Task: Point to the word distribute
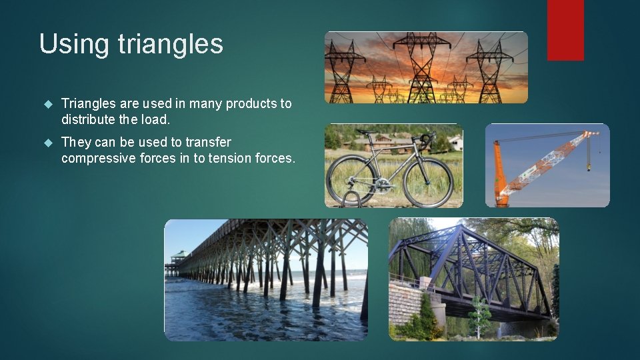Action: (x=89, y=120)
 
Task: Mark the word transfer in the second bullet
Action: (x=208, y=142)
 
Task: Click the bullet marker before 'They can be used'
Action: (x=47, y=143)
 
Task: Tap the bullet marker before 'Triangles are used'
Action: (x=47, y=104)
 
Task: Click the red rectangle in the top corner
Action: (x=565, y=30)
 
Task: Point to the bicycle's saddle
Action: (x=362, y=133)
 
